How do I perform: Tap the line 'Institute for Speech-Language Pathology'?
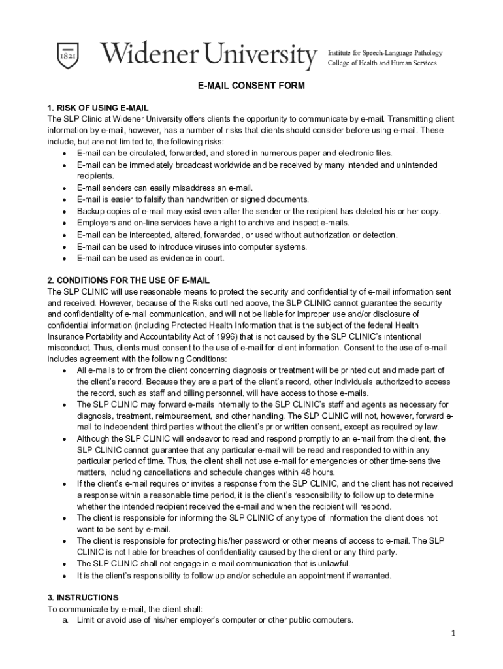[x=385, y=52]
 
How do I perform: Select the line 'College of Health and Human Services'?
[x=382, y=63]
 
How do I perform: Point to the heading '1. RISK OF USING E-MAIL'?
[x=98, y=107]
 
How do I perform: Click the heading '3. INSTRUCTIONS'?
[x=83, y=597]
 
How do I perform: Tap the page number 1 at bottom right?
[x=453, y=634]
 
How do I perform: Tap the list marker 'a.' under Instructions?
[x=66, y=620]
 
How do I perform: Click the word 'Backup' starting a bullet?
[x=90, y=211]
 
